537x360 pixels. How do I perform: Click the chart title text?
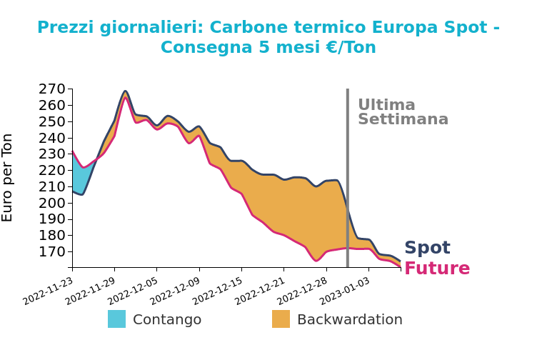268,37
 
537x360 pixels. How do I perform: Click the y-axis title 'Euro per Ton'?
8,177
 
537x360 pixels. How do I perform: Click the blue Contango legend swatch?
116,319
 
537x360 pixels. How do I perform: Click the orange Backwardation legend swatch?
281,319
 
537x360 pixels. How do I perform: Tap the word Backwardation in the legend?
349,319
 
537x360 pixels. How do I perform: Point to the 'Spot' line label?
427,248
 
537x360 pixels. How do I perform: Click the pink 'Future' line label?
437,269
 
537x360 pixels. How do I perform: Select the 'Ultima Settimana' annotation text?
403,112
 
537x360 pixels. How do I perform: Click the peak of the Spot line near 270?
125,91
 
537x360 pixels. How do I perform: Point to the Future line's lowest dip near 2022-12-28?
316,261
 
